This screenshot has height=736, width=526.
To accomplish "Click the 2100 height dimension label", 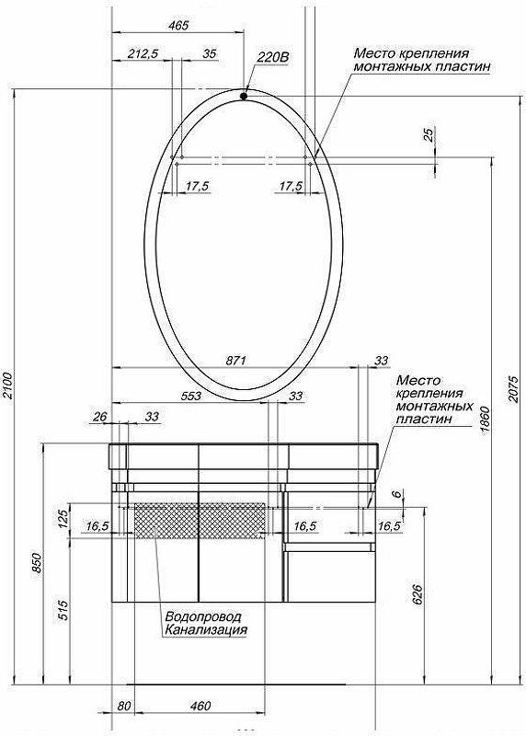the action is coord(9,385).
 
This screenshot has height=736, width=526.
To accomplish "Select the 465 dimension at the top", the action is coord(178,25).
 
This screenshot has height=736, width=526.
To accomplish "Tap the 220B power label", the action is coord(272,57).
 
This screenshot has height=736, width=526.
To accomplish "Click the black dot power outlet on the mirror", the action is coord(244,96).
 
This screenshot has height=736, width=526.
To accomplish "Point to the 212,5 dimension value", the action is coord(143,53).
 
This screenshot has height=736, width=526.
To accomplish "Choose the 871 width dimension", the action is coord(236,361).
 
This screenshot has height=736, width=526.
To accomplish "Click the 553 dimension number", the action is coord(191,396).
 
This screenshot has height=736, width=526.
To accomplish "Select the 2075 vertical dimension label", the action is coord(513,388).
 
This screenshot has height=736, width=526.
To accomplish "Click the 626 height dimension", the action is coord(418,594).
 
